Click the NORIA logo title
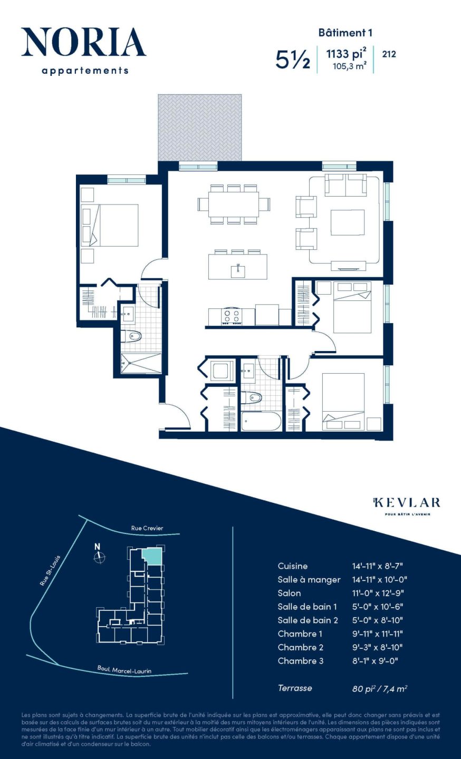pyautogui.click(x=83, y=43)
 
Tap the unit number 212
pyautogui.click(x=389, y=54)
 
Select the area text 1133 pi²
pyautogui.click(x=346, y=54)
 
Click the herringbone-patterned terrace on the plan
pyautogui.click(x=200, y=127)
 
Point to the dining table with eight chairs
pyautogui.click(x=234, y=204)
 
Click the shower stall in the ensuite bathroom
pyautogui.click(x=141, y=363)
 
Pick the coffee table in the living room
pyautogui.click(x=348, y=222)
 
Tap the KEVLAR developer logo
pyautogui.click(x=407, y=503)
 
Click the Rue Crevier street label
pyautogui.click(x=147, y=528)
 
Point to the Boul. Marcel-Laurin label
pyautogui.click(x=124, y=670)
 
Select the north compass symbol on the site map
pyautogui.click(x=99, y=557)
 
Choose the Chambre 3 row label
pyautogui.click(x=300, y=661)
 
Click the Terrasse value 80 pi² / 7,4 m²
pyautogui.click(x=379, y=688)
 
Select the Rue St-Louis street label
pyautogui.click(x=51, y=570)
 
